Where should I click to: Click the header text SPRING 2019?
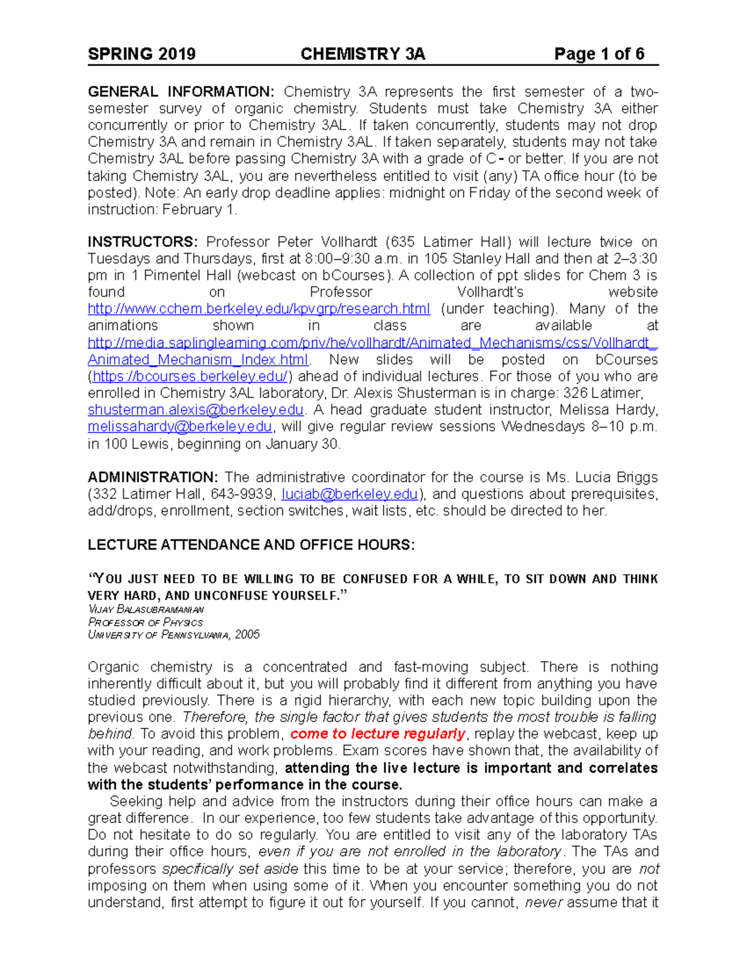click(x=141, y=54)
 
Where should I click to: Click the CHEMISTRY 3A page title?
click(x=362, y=54)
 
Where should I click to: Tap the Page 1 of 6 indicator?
click(x=599, y=54)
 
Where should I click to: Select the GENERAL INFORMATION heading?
click(x=181, y=92)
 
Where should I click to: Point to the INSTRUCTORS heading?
click(x=143, y=242)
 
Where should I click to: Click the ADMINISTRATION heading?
click(x=153, y=477)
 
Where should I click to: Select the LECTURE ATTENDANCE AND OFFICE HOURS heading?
click(x=251, y=545)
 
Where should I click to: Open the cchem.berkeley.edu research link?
click(x=258, y=309)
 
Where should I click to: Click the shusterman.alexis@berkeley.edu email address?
click(x=195, y=410)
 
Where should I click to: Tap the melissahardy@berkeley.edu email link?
click(x=180, y=427)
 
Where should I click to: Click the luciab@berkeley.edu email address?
click(x=349, y=495)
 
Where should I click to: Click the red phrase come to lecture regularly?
click(x=378, y=734)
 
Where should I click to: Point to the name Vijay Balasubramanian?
click(x=146, y=610)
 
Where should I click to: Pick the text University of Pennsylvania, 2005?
click(x=174, y=635)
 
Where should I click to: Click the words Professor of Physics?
click(x=146, y=622)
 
